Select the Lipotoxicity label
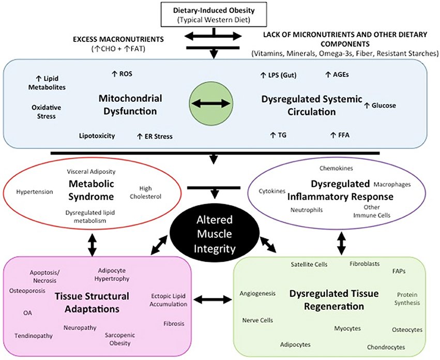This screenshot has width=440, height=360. point(97,136)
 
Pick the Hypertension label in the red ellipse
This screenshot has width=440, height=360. point(34,192)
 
